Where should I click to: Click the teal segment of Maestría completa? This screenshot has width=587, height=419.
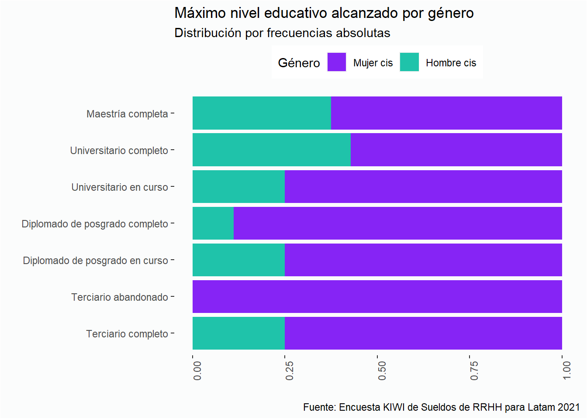pyautogui.click(x=262, y=113)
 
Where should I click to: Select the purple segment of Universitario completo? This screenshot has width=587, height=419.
pyautogui.click(x=456, y=150)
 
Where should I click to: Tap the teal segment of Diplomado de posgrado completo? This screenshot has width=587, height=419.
pyautogui.click(x=213, y=223)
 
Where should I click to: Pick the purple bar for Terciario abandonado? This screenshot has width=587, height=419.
pyautogui.click(x=377, y=297)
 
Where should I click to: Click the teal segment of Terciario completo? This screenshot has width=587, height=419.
pyautogui.click(x=238, y=333)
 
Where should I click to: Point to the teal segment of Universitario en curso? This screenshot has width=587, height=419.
pyautogui.click(x=238, y=187)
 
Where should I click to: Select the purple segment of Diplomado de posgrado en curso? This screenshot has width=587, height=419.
pyautogui.click(x=423, y=260)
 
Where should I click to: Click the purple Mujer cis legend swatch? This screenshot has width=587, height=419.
pyautogui.click(x=337, y=62)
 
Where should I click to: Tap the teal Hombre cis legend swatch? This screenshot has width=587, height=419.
pyautogui.click(x=409, y=62)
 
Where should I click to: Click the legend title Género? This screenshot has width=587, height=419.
pyautogui.click(x=299, y=63)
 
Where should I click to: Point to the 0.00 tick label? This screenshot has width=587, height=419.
pyautogui.click(x=197, y=370)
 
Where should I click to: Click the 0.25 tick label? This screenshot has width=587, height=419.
pyautogui.click(x=290, y=370)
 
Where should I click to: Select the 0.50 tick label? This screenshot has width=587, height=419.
pyautogui.click(x=382, y=370)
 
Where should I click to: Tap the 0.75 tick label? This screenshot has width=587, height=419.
pyautogui.click(x=474, y=370)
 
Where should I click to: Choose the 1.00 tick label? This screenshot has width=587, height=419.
pyautogui.click(x=567, y=370)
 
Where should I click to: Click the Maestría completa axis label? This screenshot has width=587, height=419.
pyautogui.click(x=127, y=114)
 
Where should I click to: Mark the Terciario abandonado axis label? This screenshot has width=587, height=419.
pyautogui.click(x=120, y=297)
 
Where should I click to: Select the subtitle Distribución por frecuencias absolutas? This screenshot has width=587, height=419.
pyautogui.click(x=282, y=33)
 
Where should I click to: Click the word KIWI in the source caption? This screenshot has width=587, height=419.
pyautogui.click(x=394, y=407)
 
